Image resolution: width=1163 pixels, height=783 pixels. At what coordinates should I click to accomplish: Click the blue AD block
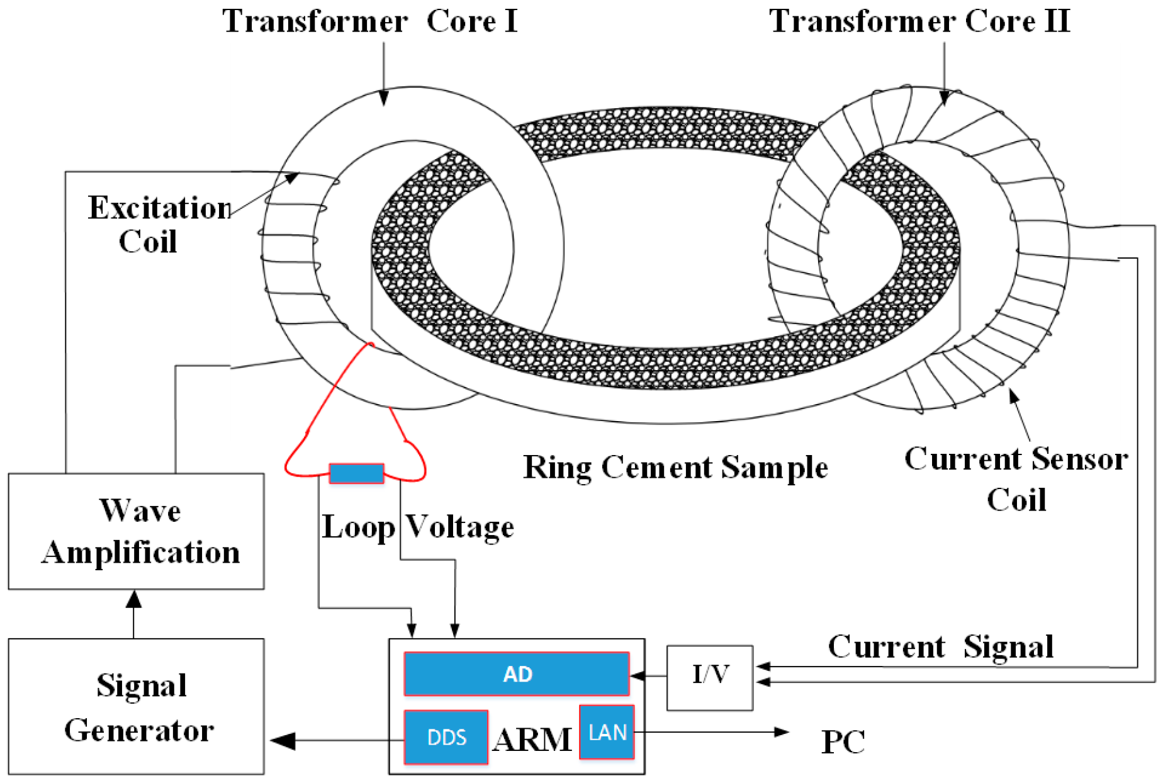point(516,674)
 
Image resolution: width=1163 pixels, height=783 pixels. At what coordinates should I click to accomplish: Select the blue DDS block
point(446,737)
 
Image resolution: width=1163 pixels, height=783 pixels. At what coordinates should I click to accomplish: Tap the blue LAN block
point(607,732)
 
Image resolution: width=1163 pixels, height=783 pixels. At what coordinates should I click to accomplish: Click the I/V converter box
point(709,677)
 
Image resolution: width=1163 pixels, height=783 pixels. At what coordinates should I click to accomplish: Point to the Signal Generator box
point(136,706)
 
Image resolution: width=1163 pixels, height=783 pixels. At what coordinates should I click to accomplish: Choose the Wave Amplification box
point(136,531)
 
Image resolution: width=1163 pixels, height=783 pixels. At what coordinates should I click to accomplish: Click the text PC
point(843,741)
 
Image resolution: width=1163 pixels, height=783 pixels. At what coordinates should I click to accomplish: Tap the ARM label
point(532,740)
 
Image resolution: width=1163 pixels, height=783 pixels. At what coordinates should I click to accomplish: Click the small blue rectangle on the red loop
point(356,473)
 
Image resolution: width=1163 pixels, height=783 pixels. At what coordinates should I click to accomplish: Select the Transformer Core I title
point(369,21)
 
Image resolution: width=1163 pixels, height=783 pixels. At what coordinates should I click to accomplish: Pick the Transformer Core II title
point(919,21)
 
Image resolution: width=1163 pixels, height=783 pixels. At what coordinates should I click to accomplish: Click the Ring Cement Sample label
point(675,468)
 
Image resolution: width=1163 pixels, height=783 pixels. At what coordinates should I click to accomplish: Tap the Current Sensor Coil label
point(1016,478)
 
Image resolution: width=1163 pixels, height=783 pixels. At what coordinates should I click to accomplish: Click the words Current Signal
point(940,647)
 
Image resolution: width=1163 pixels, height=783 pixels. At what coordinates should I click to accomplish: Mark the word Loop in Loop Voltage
point(358,527)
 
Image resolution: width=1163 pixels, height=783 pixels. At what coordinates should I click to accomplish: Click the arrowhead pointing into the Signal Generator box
point(283,741)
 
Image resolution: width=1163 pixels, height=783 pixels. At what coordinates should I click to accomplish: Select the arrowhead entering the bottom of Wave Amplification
point(133,599)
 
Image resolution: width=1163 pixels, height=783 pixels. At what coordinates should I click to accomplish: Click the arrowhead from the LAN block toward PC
point(782,732)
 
